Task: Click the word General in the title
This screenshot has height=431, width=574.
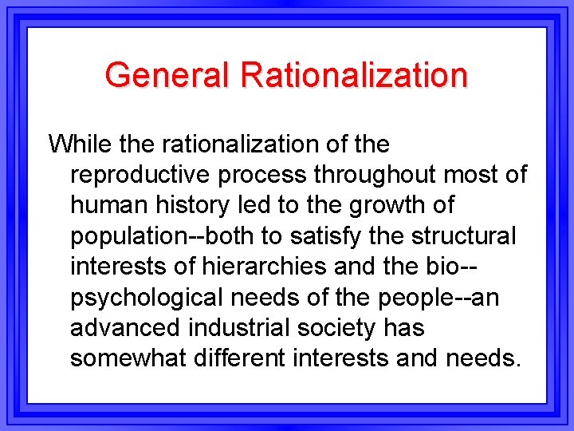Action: pos(167,75)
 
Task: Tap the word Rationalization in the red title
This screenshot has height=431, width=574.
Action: pos(354,75)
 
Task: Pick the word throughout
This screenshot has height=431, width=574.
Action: pos(372,175)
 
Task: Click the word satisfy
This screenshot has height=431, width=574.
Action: pos(327,236)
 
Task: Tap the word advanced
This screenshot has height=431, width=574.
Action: pos(123,327)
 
